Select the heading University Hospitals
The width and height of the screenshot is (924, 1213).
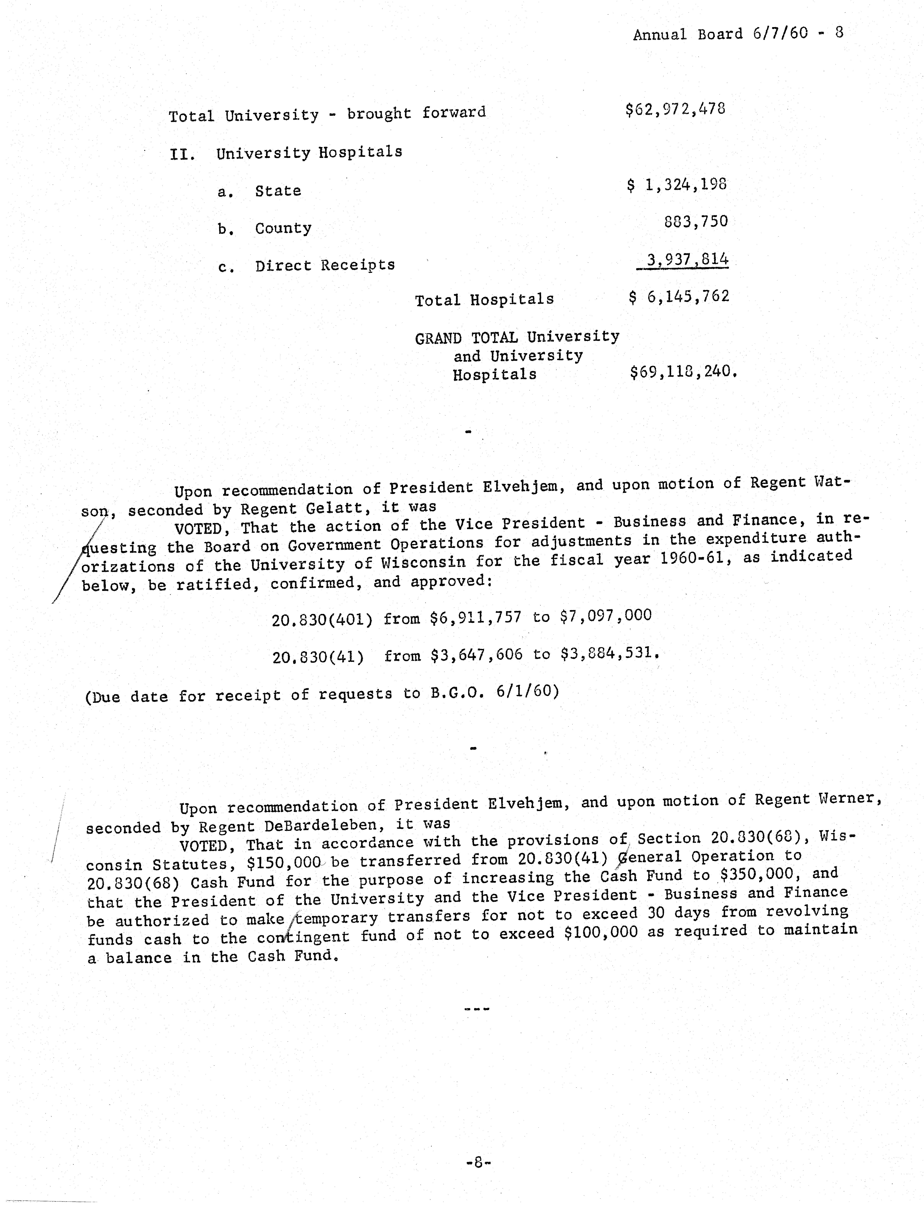[309, 152]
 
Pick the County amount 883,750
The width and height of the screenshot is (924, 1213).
[696, 221]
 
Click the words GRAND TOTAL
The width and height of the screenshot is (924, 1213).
[466, 337]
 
